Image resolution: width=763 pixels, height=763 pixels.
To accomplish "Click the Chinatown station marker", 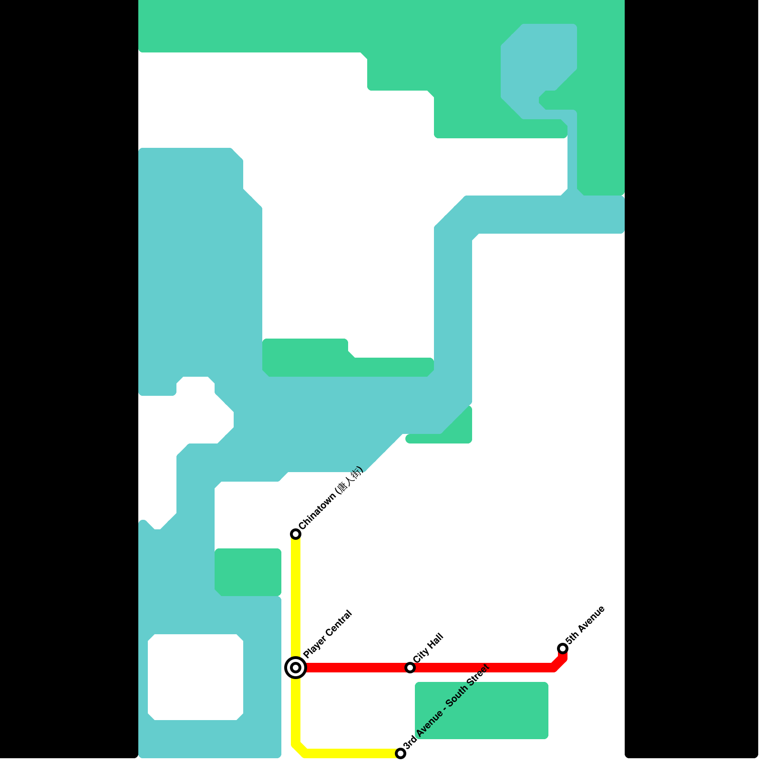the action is coord(296,534).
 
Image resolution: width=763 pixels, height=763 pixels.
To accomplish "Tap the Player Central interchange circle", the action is coord(296,667).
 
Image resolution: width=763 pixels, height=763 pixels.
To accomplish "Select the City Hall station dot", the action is coord(410,667).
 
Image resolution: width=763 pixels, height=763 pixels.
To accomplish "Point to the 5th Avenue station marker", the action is coord(563,648).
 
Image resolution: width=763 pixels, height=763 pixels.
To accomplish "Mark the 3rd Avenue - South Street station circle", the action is coord(401,753).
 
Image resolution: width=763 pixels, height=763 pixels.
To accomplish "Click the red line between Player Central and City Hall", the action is coord(353,667).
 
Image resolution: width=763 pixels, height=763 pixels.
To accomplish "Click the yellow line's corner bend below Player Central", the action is coord(299,749).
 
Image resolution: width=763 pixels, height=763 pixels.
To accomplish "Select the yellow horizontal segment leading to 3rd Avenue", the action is coord(353,753).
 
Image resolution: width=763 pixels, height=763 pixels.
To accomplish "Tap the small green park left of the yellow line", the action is coord(248,572).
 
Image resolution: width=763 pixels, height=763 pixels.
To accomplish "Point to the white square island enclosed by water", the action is coord(196,677).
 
